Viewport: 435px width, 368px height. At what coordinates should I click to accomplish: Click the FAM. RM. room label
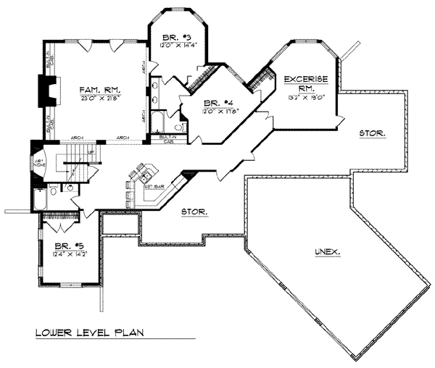[94, 89]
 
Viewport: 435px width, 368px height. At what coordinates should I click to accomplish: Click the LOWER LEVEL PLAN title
[89, 333]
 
